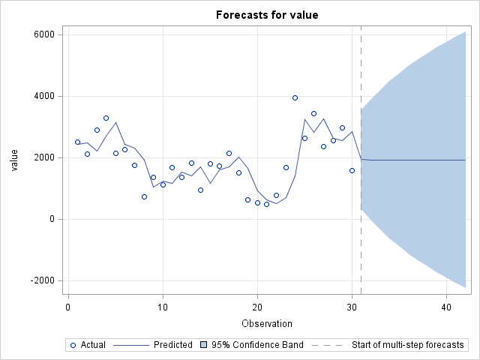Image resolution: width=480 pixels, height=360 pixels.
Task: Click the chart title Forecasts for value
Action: coord(266,15)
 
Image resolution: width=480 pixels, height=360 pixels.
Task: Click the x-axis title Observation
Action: coord(266,323)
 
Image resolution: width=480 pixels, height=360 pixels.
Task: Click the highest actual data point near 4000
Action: coord(295,97)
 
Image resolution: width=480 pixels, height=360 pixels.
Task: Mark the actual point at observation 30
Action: coord(352,170)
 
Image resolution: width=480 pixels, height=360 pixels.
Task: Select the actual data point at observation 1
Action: coord(77,142)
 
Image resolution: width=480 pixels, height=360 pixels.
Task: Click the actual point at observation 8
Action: coord(144,196)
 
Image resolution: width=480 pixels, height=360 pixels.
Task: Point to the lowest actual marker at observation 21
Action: coord(266,204)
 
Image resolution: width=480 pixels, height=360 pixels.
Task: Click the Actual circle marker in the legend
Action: coord(72,345)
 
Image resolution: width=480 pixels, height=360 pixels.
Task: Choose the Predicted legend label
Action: coord(173,345)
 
